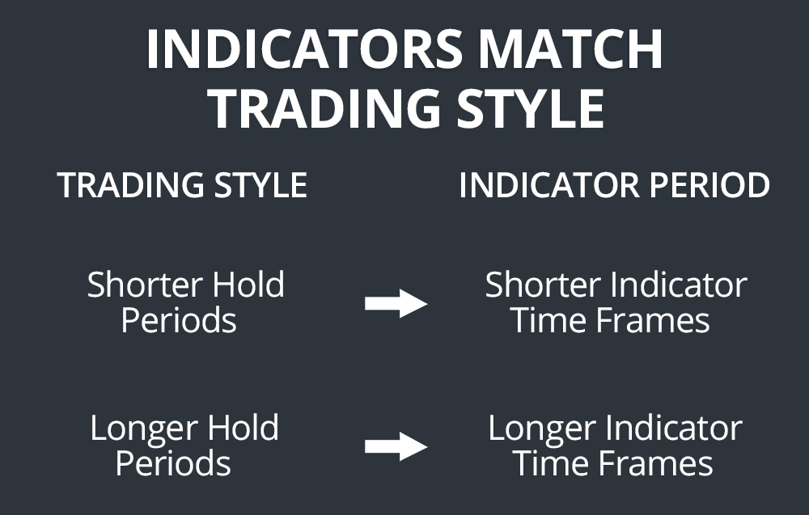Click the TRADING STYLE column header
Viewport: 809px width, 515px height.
pos(182,186)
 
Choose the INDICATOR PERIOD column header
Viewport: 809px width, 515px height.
pos(614,186)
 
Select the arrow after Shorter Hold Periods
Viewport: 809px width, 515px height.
pos(396,304)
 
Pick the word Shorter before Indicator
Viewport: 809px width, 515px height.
pos(544,285)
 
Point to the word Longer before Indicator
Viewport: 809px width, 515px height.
pos(538,428)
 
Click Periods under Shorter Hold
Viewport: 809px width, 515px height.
pos(179,321)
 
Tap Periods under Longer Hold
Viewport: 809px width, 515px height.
pos(173,464)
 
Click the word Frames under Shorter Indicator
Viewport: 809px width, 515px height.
pos(654,321)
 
